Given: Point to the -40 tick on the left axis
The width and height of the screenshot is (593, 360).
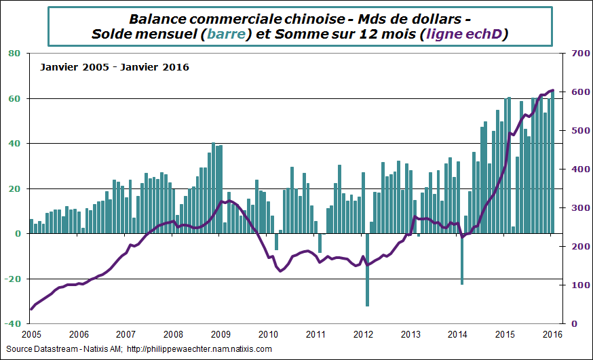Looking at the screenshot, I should pyautogui.click(x=13, y=324).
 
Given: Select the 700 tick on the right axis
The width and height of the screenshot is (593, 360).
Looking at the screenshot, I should pyautogui.click(x=575, y=53).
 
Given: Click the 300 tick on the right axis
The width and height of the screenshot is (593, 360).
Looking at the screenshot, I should pyautogui.click(x=575, y=208).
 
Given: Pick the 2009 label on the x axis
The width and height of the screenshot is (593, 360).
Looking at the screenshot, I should pyautogui.click(x=221, y=334).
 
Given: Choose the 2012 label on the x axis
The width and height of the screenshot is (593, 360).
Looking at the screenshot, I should pyautogui.click(x=364, y=334).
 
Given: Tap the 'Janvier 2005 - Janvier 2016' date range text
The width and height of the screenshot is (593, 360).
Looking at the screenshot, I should pyautogui.click(x=114, y=67).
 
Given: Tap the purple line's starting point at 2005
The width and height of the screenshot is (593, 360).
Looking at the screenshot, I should pyautogui.click(x=31, y=309).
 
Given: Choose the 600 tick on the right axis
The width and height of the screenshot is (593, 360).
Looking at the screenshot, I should pyautogui.click(x=575, y=92).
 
